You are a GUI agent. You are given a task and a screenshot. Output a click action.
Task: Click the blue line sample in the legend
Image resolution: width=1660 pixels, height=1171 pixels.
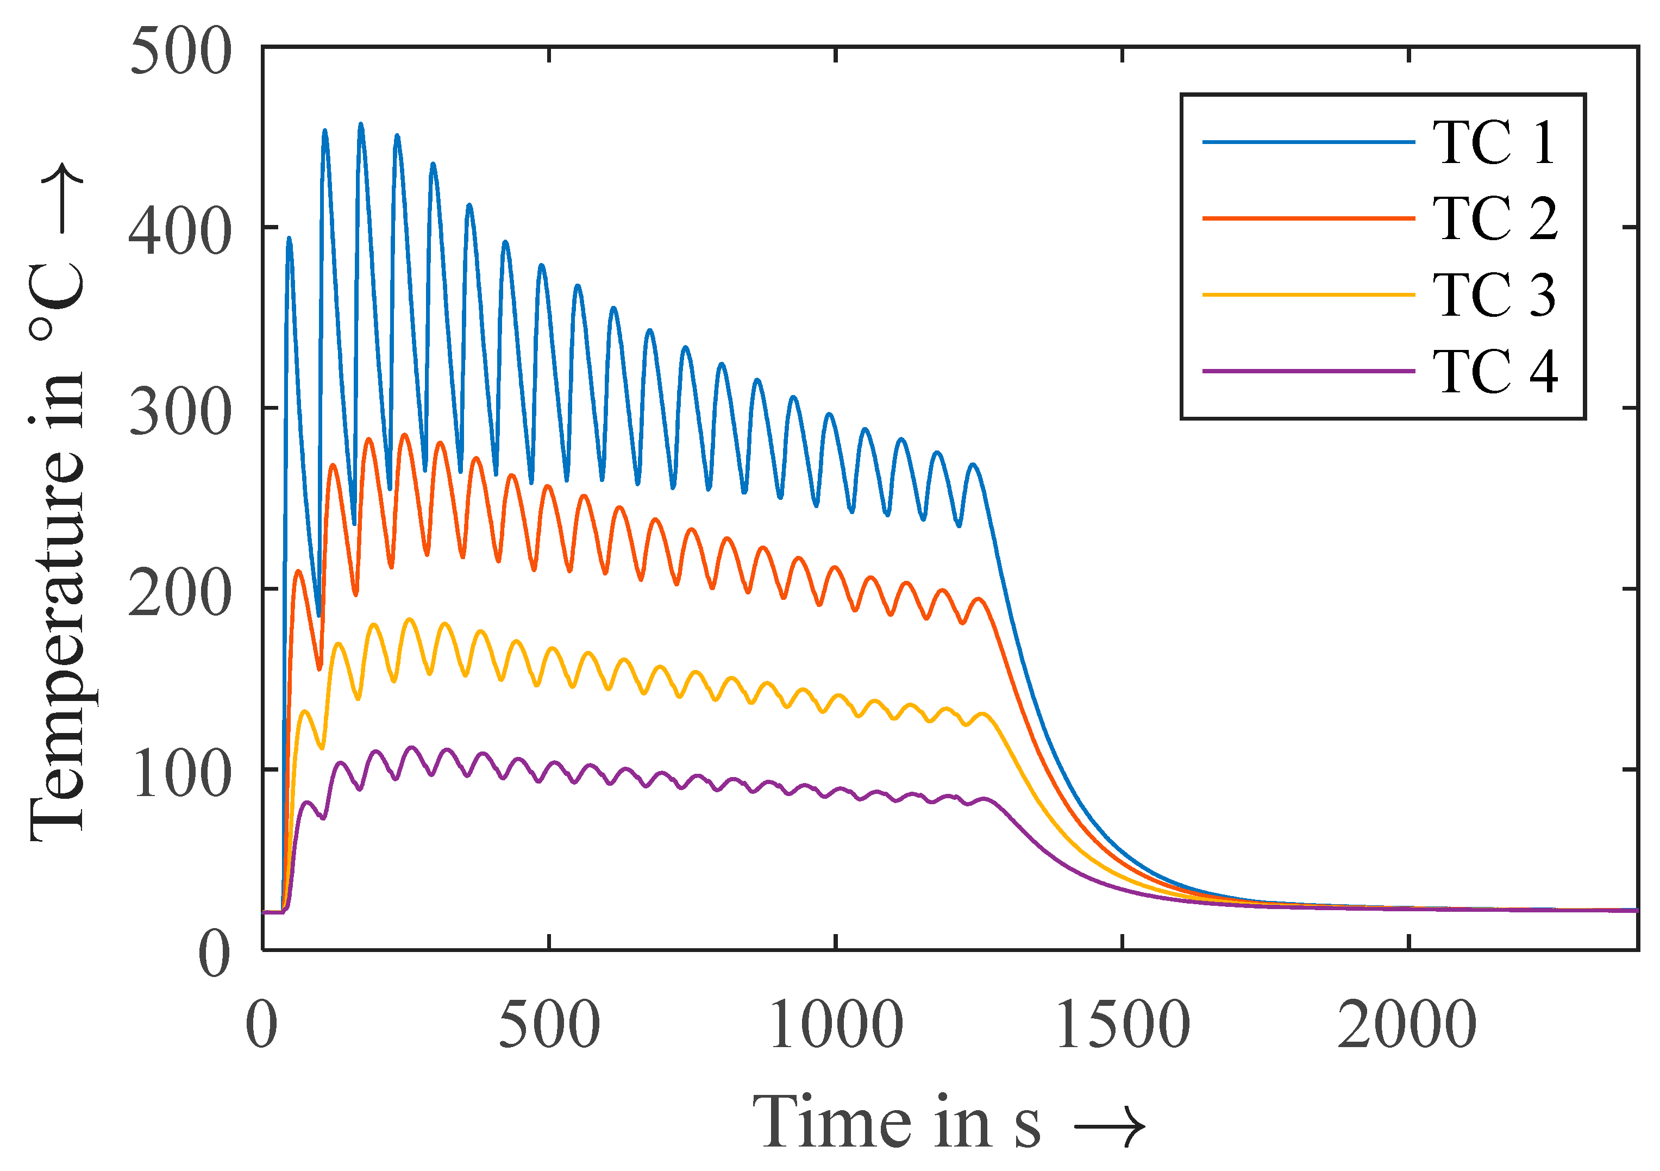(1308, 142)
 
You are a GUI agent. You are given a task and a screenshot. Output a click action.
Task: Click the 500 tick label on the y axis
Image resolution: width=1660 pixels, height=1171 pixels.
(181, 52)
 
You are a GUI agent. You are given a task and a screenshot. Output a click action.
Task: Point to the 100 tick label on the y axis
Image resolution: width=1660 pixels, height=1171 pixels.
(181, 774)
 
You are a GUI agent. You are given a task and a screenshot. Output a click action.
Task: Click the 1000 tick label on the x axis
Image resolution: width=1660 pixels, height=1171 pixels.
(836, 1024)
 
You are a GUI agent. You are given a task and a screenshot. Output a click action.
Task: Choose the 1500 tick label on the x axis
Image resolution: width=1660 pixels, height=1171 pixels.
(1122, 1024)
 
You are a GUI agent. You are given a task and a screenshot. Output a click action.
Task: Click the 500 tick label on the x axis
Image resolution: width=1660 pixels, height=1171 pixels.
(549, 1024)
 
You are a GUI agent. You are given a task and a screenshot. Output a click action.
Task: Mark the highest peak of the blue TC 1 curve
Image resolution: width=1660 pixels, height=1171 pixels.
(361, 124)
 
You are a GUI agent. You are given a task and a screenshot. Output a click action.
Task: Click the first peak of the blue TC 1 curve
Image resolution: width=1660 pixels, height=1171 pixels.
(289, 238)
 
